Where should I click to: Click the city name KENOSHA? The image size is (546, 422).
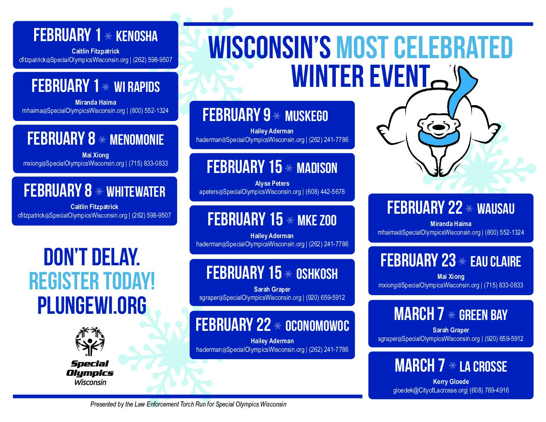coord(136,36)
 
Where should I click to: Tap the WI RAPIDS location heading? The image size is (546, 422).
coord(136,87)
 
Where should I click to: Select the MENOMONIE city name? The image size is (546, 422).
coord(136,140)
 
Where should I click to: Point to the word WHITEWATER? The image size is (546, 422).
coord(136,192)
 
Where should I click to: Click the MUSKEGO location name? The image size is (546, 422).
coord(306,116)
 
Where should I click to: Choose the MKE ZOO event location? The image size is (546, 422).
coord(317,221)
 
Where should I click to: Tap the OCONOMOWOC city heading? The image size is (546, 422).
coord(317,326)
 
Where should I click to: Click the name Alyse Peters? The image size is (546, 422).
coord(272,183)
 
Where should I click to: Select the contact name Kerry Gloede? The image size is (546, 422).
coord(451,382)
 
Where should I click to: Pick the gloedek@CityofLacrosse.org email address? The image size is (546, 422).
coord(430,390)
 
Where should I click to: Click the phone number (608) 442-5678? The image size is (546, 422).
coord(325,192)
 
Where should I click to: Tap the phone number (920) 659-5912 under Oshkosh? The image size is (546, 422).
coord(325,297)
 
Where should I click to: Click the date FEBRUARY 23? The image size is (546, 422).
coord(418,260)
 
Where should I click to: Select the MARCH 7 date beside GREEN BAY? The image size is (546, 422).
coord(419,314)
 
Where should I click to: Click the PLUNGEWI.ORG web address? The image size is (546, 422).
coord(92,305)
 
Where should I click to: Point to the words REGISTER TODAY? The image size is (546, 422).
coord(92,281)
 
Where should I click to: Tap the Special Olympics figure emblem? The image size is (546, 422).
coord(90,341)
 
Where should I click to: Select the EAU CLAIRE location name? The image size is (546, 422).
coord(496,262)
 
